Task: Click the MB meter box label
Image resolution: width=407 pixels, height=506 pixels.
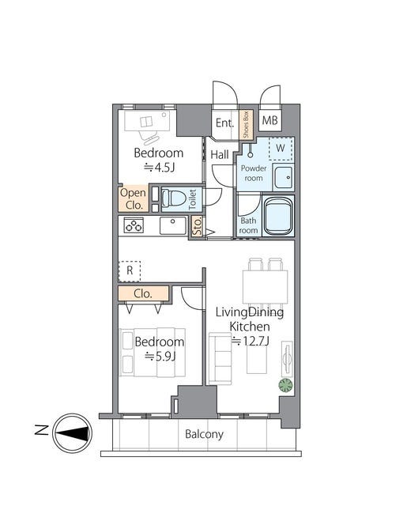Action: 270,120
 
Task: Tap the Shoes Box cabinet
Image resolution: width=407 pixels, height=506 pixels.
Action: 246,125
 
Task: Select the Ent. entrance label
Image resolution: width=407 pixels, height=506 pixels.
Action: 224,123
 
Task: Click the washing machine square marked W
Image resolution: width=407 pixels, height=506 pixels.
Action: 281,149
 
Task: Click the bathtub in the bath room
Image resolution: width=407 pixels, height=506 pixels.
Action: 279,216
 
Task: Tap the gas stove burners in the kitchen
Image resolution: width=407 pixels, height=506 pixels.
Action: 134,225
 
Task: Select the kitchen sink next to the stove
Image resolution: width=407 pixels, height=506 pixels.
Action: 173,225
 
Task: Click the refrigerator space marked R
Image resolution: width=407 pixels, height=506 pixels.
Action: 130,271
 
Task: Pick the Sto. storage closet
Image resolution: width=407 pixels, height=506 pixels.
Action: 197,226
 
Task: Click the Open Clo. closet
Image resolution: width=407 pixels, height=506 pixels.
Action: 134,198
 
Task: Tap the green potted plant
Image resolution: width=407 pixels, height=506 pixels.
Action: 286,385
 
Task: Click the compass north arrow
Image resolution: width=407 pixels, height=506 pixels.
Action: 73,433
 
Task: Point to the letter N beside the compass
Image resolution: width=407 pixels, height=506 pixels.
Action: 41,430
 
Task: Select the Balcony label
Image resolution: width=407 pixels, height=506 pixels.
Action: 204,434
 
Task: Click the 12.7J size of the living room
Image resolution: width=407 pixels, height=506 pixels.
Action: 251,341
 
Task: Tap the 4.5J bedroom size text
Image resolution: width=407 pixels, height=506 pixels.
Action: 160,167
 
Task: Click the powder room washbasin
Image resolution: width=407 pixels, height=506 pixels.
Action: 283,177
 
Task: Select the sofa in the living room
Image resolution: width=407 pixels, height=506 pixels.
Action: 220,358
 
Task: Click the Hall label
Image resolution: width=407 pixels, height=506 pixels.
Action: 220,155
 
